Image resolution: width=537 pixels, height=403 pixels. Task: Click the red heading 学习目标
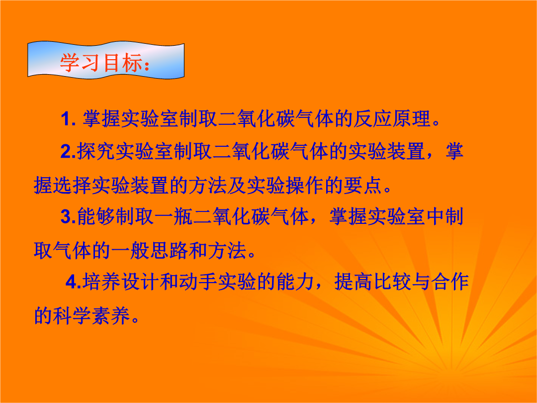101,63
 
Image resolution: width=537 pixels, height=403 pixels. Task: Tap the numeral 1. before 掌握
68,119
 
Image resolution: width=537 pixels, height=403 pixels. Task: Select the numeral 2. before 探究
68,151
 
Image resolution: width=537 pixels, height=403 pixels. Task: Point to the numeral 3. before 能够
68,217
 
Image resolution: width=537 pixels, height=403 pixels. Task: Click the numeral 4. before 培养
73,282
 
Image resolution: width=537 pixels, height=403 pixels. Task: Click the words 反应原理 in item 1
391,118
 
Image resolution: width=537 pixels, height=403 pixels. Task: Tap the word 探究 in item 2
96,151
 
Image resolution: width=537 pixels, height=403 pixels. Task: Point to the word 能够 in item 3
96,216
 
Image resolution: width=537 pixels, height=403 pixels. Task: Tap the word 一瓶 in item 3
174,216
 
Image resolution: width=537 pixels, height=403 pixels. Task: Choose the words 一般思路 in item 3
149,250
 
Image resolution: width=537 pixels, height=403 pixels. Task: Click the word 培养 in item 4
102,282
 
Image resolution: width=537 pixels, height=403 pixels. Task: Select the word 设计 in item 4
140,282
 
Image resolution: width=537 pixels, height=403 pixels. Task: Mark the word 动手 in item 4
198,282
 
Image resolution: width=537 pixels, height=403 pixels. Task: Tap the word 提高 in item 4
354,282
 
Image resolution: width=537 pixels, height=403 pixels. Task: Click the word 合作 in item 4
450,282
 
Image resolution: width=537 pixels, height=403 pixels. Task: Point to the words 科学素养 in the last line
91,315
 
